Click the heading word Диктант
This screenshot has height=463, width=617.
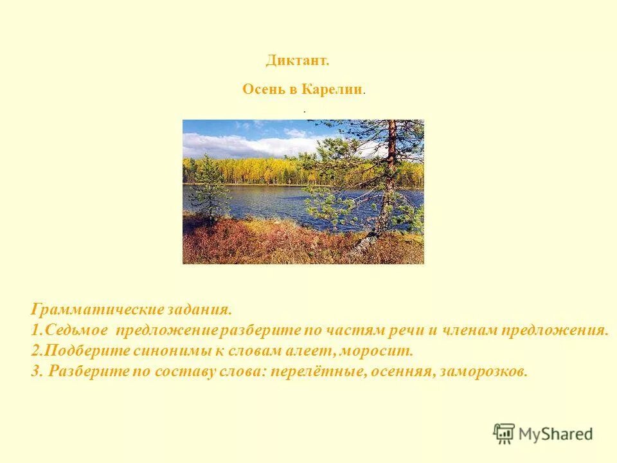297,60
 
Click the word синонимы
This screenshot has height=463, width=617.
168,351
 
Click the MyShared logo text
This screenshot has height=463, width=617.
555,434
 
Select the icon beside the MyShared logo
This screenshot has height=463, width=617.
504,433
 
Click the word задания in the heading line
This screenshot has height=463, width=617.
201,310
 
